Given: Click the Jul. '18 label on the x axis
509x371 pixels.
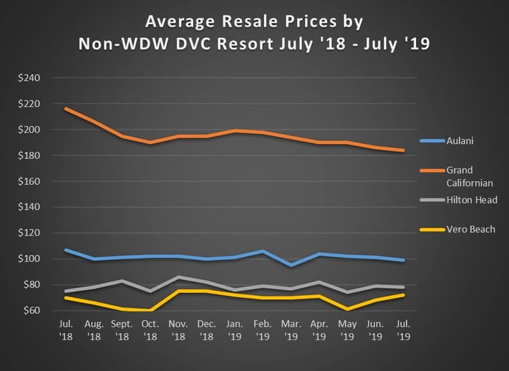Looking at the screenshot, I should [x=66, y=329].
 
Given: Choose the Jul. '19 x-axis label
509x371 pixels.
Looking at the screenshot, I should [x=403, y=329].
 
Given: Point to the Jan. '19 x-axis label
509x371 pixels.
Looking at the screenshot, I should [x=235, y=329].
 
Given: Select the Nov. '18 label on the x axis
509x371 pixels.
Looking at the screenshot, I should [x=178, y=329].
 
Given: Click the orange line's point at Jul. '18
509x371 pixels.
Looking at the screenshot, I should [x=66, y=108].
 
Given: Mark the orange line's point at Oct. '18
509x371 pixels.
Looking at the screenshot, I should [x=150, y=143].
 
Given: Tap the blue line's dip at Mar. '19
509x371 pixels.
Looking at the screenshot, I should [x=291, y=265].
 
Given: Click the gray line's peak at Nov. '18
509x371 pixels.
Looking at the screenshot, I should [x=178, y=276].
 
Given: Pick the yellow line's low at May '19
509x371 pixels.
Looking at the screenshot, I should [x=347, y=309].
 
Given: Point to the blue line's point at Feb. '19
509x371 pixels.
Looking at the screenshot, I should [x=263, y=251].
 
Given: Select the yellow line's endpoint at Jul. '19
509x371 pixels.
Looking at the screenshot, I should [x=403, y=294].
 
